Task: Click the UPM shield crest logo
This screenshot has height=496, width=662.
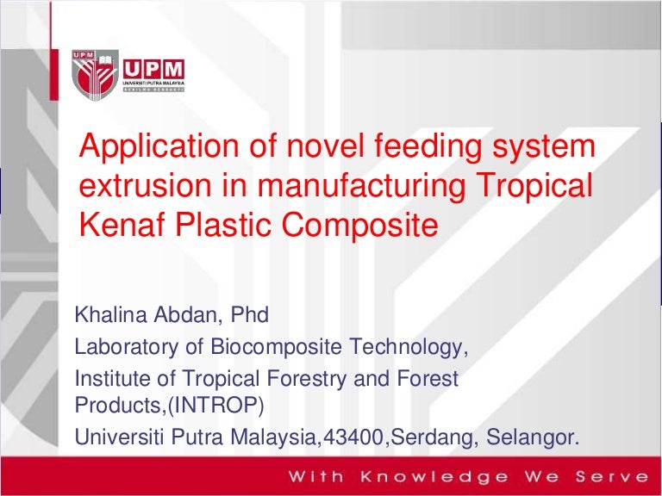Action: pos(95,75)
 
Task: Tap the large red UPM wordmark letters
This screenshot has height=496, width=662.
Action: pos(153,69)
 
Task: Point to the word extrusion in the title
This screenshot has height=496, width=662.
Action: pos(145,186)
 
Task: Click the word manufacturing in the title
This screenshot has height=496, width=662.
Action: pos(361,187)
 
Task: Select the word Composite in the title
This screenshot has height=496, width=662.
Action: pos(359,226)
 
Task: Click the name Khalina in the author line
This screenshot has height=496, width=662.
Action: pos(111,314)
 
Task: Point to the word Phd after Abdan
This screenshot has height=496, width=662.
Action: pos(249,314)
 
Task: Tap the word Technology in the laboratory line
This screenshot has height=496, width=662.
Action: pos(406,347)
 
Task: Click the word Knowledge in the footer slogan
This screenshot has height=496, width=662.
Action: pos(434,477)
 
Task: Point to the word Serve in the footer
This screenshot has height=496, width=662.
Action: pos(612,477)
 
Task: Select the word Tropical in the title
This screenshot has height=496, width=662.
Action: pos(534,187)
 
